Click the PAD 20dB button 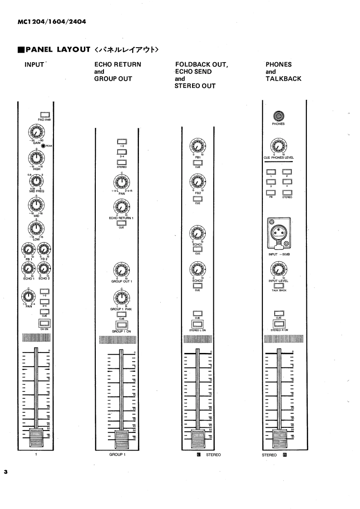pos(44,114)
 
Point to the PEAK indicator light pos(43,146)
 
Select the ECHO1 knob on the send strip pos(197,234)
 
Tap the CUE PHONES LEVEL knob pos(279,146)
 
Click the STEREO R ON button pos(279,323)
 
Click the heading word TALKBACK pos(283,78)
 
